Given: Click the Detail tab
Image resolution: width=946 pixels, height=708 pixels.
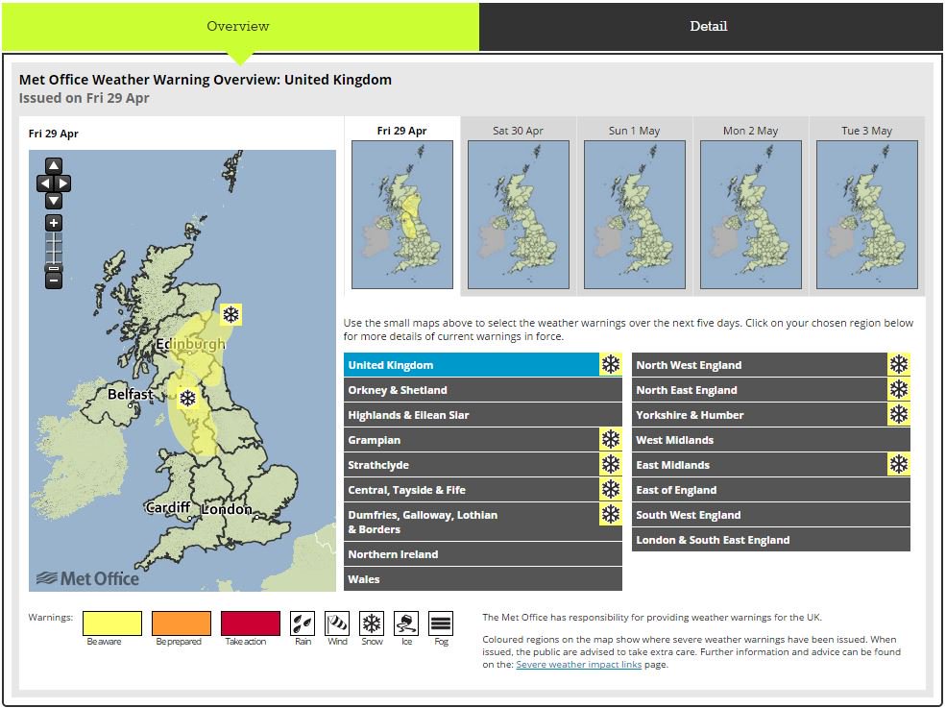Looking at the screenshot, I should (x=709, y=26).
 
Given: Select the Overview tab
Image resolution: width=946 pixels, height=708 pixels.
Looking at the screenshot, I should (x=238, y=26).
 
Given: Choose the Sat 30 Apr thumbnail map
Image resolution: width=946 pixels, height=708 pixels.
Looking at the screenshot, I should (x=519, y=214).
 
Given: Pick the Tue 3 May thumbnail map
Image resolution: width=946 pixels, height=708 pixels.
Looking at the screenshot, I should (x=867, y=214).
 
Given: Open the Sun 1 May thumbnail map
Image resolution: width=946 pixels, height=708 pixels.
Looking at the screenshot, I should (x=635, y=214).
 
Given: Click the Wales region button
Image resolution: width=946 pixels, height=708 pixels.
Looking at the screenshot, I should (x=483, y=579).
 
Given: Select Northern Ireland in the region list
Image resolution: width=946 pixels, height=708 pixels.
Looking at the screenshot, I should (x=483, y=554).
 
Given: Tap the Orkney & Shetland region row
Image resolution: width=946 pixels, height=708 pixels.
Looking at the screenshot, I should (x=483, y=390).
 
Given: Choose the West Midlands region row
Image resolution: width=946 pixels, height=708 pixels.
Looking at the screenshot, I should (x=771, y=440).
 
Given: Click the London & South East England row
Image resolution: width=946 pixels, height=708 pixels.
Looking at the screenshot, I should (x=771, y=540).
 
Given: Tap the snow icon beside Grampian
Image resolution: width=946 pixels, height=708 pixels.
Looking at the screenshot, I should (x=611, y=440).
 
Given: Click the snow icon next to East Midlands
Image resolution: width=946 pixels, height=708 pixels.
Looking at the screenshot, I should (x=899, y=465).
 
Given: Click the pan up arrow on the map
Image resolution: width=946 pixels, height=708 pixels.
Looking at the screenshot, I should (x=54, y=166).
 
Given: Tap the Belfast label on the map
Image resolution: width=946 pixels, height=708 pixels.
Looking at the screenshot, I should (x=131, y=394).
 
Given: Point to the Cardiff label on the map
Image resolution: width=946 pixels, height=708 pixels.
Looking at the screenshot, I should (x=168, y=508).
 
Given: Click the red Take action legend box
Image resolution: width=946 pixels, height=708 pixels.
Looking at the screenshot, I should (x=251, y=623).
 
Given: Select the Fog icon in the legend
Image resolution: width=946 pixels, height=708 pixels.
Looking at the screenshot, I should (x=441, y=623).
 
